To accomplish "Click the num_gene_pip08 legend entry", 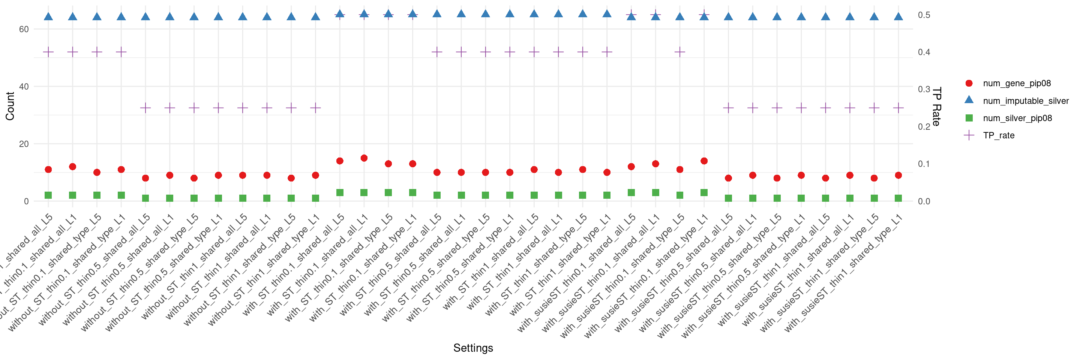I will [1017, 83].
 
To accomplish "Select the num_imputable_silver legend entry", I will [1026, 101].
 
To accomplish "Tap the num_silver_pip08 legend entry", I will [1017, 118].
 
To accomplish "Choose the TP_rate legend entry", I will [998, 135].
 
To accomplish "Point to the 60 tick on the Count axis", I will [24, 29].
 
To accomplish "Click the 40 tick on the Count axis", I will [24, 87].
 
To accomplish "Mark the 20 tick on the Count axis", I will [24, 144].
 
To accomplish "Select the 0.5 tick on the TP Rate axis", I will [924, 15].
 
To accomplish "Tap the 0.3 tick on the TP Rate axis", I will [924, 89].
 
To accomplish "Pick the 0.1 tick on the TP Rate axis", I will [924, 164].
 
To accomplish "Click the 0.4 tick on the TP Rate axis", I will [924, 52].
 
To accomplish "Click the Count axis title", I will [10, 106].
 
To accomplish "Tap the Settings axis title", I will [473, 348].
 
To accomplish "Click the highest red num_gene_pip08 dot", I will [364, 158].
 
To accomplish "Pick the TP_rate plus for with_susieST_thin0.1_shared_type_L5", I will [679, 52].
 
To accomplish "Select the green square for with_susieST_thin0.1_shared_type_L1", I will [704, 193].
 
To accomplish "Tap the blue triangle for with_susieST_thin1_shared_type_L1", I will [898, 16].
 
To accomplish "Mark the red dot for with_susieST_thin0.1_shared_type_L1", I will [704, 161].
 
